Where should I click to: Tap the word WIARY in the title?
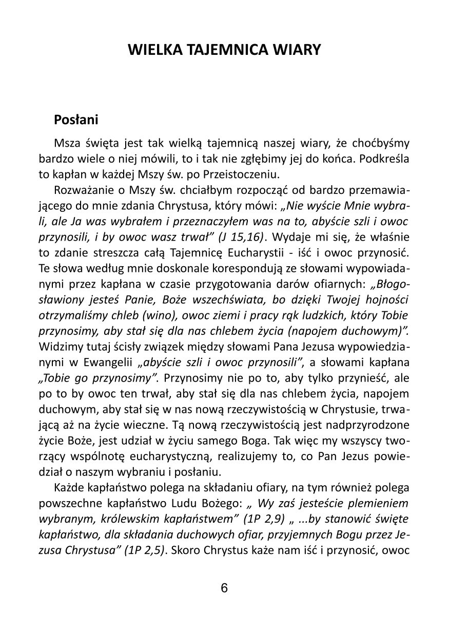click(x=297, y=50)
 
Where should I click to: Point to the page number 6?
click(x=224, y=588)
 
